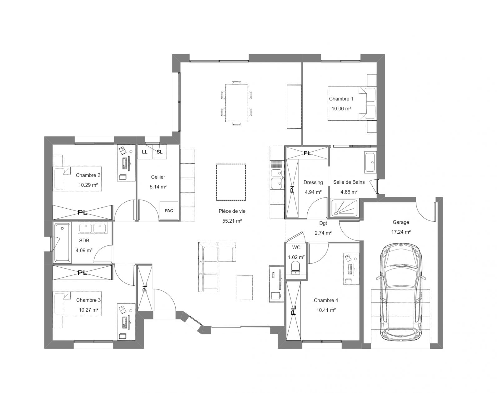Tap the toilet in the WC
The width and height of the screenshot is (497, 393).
[x=296, y=269]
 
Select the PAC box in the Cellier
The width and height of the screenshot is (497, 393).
[x=169, y=211]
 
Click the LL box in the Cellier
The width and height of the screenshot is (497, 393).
[x=145, y=152]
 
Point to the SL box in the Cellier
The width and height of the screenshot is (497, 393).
[x=160, y=152]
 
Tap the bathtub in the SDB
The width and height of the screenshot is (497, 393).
[x=62, y=243]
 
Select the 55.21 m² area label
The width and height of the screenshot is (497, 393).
[x=232, y=221]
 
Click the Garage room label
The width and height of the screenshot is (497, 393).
[x=401, y=222]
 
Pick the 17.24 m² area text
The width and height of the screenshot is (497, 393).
[x=401, y=232]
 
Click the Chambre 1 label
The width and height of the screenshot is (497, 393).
[x=341, y=99]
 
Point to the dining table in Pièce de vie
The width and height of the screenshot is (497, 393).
[x=236, y=103]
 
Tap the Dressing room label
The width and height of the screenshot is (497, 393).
[x=313, y=182]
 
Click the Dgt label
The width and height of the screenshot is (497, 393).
[x=323, y=223]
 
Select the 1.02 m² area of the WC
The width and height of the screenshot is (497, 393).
[x=296, y=257]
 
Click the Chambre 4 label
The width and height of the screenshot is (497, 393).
[x=326, y=300]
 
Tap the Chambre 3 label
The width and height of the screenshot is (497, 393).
[x=88, y=300]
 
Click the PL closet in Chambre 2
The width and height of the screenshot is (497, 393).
[x=82, y=212]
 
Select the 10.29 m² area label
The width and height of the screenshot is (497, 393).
[x=88, y=185]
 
